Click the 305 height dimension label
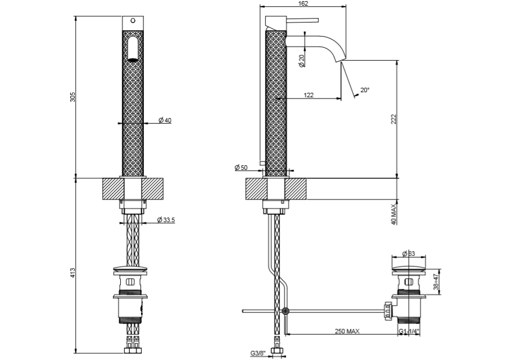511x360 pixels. pos(72,97)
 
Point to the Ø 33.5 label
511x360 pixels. pos(166,220)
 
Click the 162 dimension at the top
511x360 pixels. pos(303,4)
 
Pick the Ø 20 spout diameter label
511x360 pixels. pos(302,61)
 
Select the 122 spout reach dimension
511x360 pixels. pos(309,96)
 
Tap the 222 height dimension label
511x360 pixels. pos(394,119)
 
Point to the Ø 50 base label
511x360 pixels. pos(241,168)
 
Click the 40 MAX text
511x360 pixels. pos(394,214)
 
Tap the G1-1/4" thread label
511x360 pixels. pos(409,332)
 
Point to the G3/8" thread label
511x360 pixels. pos(259,354)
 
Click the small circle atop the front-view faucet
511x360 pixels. pos(133,21)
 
